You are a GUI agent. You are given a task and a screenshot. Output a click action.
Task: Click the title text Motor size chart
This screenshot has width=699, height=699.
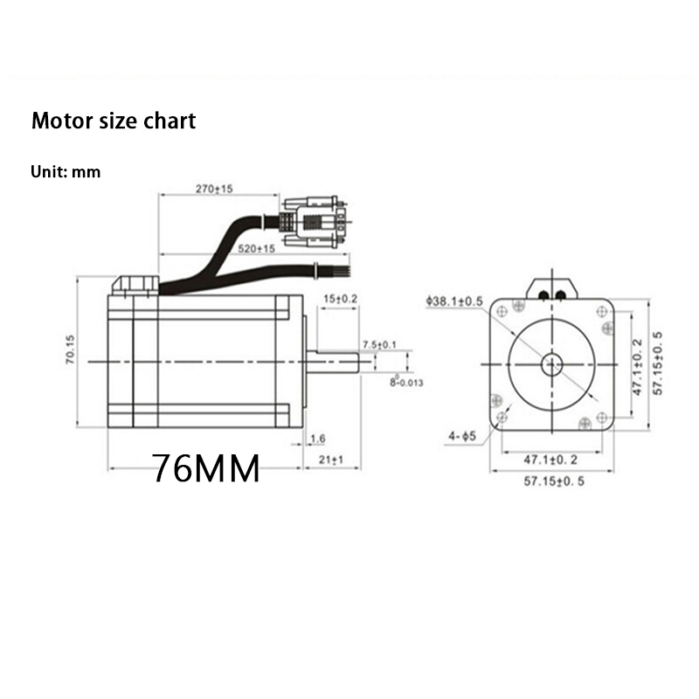click(x=114, y=121)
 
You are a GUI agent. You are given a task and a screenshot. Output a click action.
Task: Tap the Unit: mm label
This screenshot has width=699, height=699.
click(x=66, y=172)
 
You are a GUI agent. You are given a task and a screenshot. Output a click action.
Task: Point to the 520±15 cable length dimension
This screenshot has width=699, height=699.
click(x=256, y=249)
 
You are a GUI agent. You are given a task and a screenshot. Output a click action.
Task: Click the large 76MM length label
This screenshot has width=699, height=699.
click(x=206, y=469)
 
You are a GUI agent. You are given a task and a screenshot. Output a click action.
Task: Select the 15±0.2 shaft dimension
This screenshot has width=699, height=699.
click(x=340, y=299)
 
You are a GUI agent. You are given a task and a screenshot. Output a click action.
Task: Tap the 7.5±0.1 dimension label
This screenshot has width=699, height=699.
click(x=378, y=344)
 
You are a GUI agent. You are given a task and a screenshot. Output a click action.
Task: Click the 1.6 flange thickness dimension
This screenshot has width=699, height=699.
click(x=317, y=438)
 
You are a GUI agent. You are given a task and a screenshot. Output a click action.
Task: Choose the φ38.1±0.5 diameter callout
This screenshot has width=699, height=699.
click(x=454, y=301)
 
